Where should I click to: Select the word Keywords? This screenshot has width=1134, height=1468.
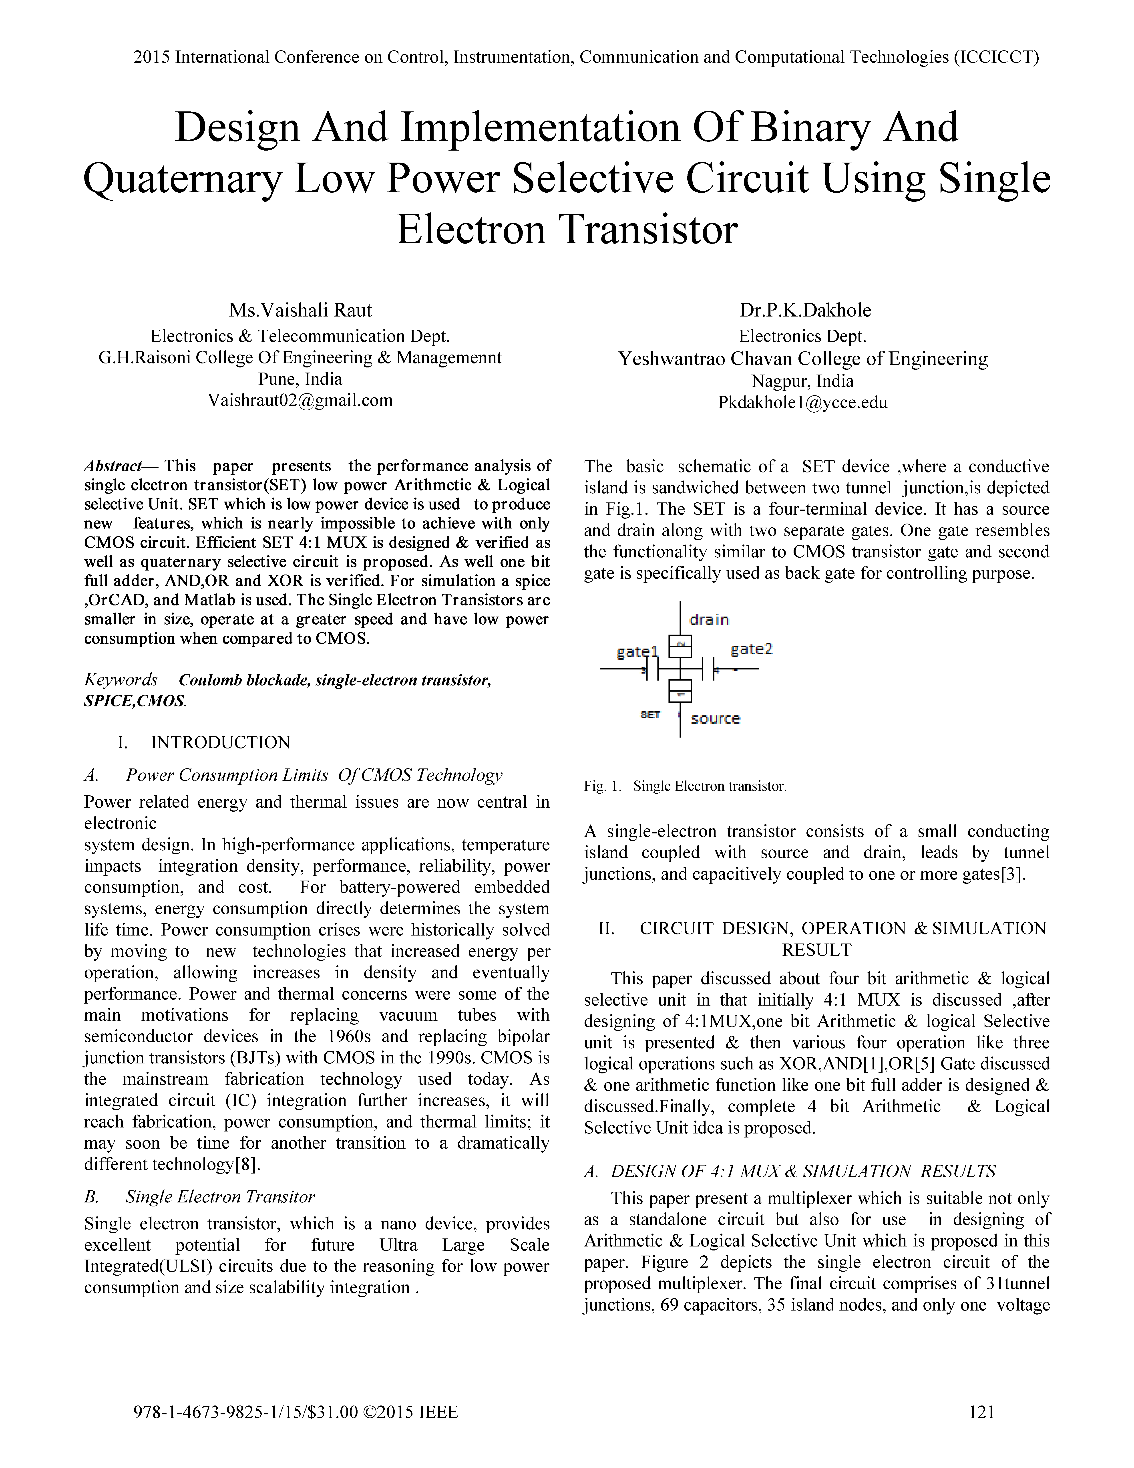[x=120, y=680]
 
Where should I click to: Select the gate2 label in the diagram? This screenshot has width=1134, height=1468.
[x=751, y=649]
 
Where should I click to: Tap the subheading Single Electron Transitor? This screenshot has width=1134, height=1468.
[x=220, y=1197]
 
